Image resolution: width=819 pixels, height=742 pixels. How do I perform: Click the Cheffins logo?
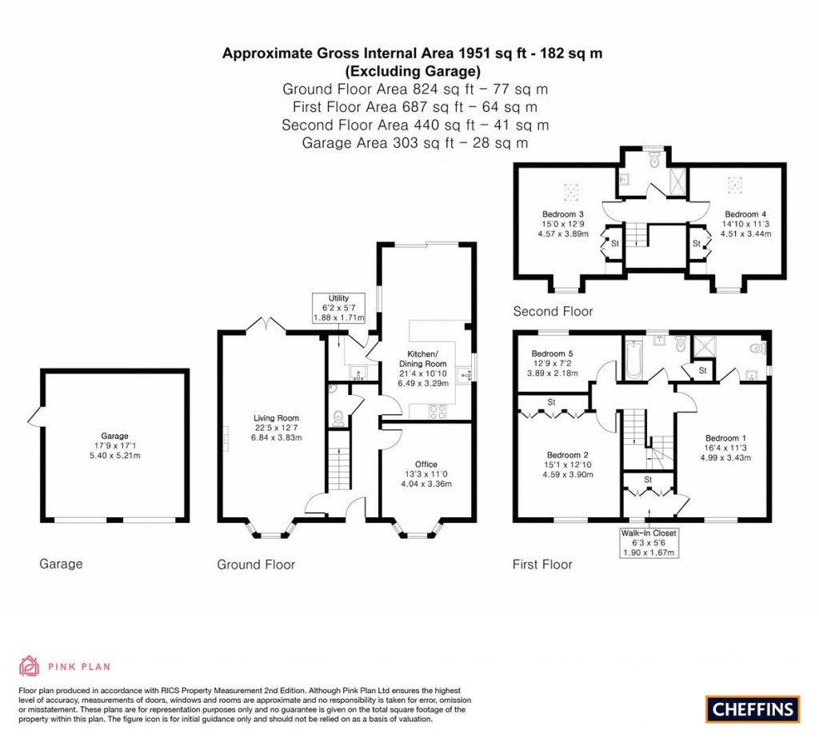pos(753,708)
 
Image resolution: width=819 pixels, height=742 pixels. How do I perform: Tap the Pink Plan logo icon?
pos(30,665)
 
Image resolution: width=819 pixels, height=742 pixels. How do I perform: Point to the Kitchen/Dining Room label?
pos(424,369)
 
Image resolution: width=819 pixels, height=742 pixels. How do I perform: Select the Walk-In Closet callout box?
pos(649,542)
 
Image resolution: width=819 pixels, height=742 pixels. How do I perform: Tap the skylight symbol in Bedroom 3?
pos(571,191)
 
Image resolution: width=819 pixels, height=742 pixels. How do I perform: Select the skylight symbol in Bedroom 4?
pos(734,185)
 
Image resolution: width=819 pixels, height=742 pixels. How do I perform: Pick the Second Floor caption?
pos(553,311)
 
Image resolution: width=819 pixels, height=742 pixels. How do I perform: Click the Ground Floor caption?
pos(256,564)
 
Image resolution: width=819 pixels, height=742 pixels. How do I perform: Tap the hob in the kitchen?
pos(438,411)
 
